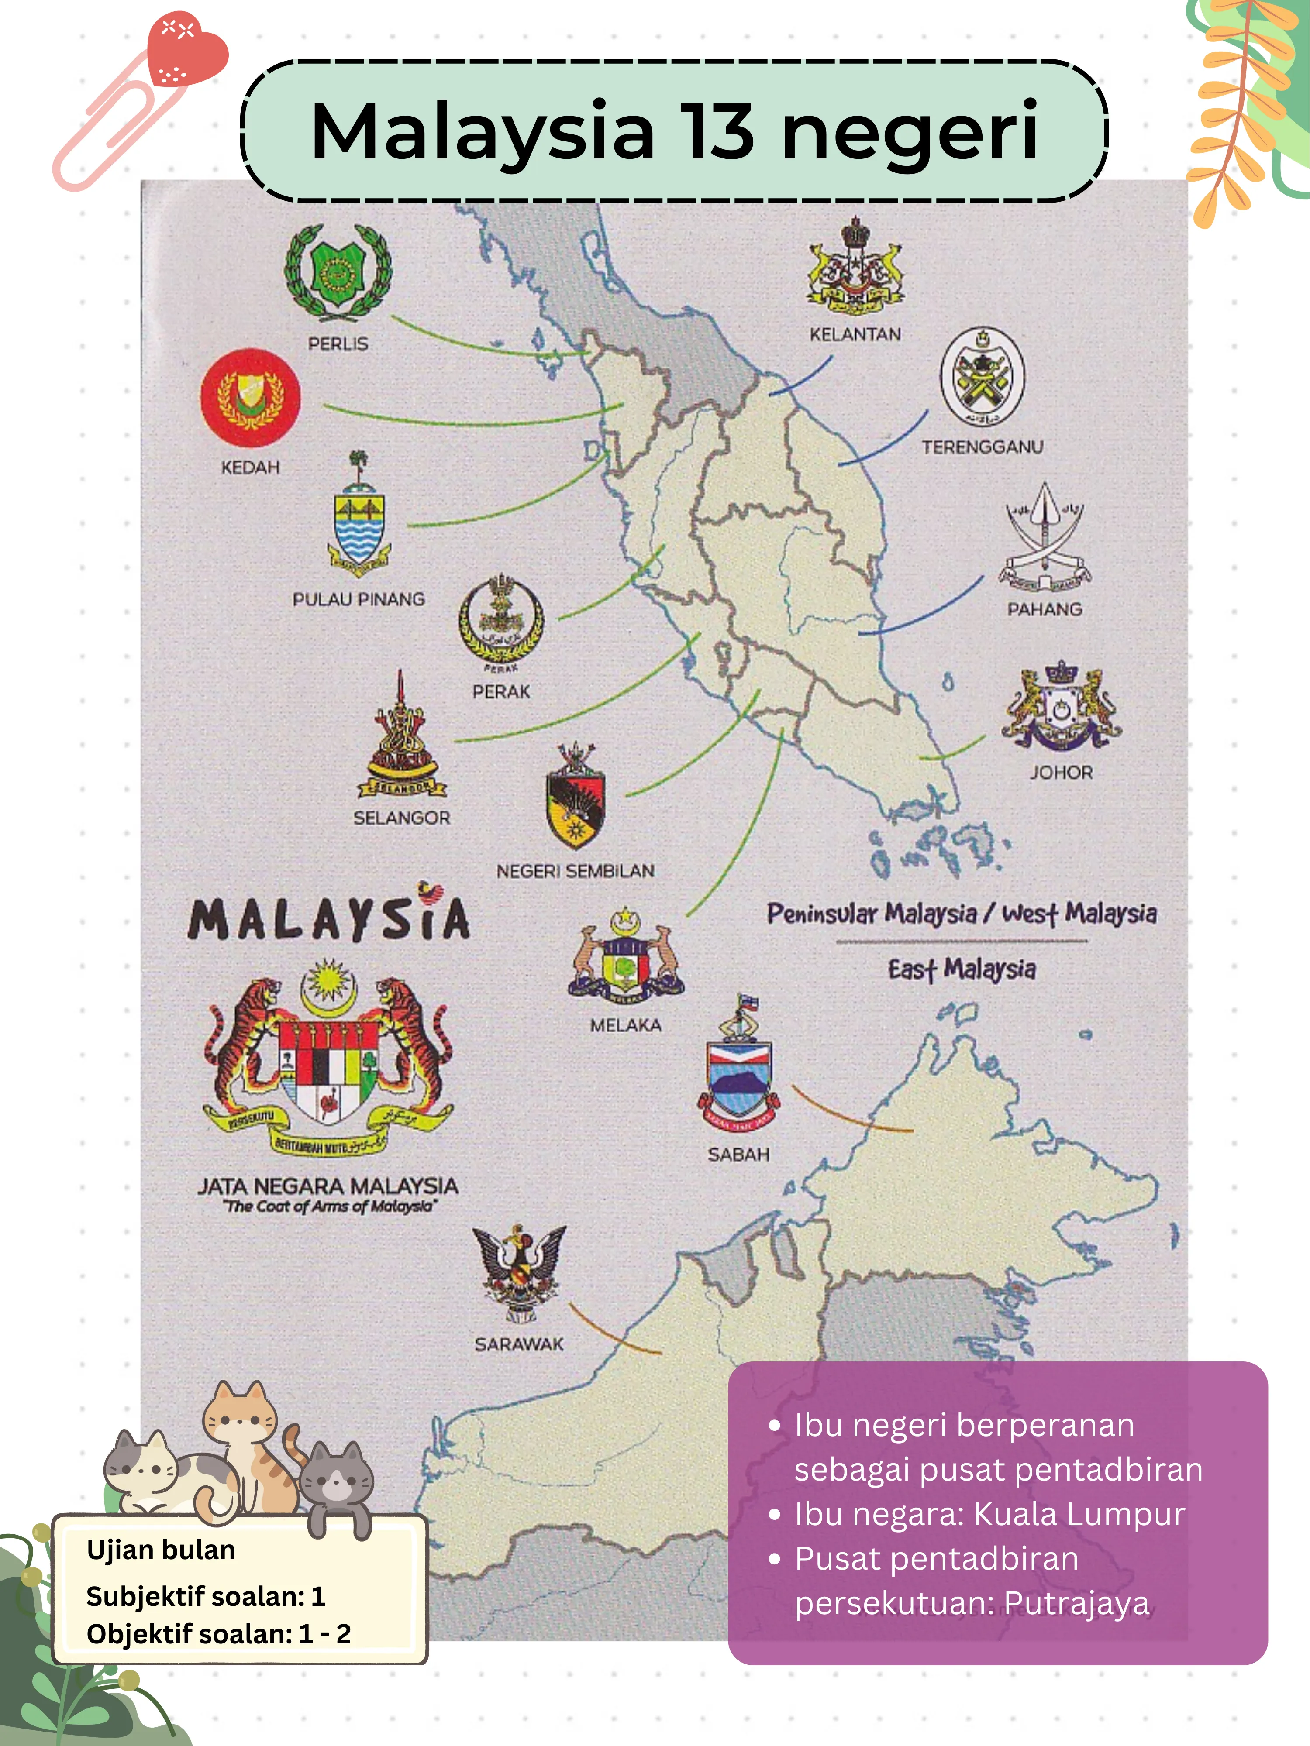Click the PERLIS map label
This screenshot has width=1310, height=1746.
point(338,344)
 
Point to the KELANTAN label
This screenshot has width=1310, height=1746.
point(855,335)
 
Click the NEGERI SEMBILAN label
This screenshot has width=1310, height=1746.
point(576,871)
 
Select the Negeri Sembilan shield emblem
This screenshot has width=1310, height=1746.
point(576,797)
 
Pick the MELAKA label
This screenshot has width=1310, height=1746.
point(625,1025)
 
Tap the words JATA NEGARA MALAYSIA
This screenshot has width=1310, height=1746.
point(327,1186)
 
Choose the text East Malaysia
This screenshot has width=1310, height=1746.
point(962,969)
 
